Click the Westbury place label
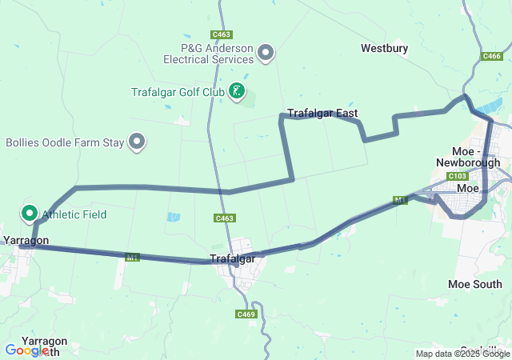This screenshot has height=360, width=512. (x=384, y=48)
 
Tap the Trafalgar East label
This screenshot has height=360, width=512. (x=322, y=114)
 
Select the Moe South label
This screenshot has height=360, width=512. (x=474, y=284)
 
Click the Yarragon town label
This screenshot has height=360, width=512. (x=26, y=240)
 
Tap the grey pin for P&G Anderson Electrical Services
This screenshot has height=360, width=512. (x=266, y=54)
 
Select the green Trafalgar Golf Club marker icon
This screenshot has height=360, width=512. (x=237, y=91)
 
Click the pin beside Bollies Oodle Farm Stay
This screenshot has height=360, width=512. (x=138, y=142)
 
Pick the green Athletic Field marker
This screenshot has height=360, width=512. (x=30, y=213)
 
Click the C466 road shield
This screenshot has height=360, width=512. (x=492, y=56)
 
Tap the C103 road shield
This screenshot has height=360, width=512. (x=458, y=176)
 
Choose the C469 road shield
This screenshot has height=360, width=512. (x=246, y=292)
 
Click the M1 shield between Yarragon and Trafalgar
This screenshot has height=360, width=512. (x=133, y=257)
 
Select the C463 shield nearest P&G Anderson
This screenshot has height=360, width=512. (x=222, y=34)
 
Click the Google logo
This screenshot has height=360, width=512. (x=26, y=350)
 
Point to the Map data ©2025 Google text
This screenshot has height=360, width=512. (x=462, y=354)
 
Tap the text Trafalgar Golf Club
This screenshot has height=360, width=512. (x=178, y=92)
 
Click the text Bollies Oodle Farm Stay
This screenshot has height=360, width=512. (x=65, y=142)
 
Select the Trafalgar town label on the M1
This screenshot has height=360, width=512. (x=232, y=258)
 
